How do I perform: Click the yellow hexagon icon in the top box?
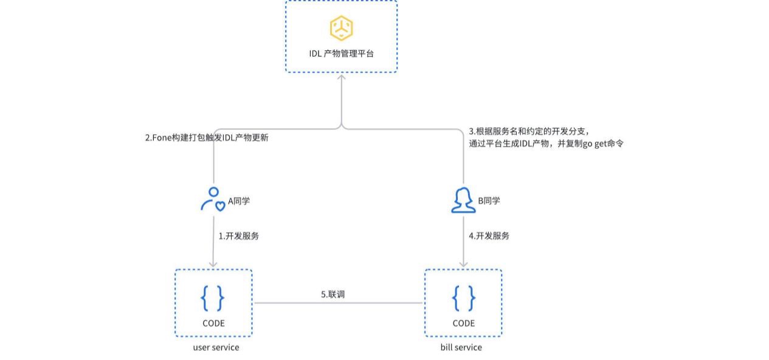pos(341,28)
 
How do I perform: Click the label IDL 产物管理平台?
pos(341,54)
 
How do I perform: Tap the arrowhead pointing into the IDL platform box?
pos(342,77)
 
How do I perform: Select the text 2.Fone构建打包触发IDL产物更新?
pos(207,137)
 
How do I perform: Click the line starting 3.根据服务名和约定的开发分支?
pos(529,131)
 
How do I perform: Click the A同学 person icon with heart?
pos(212,199)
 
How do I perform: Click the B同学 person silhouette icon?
pos(463,200)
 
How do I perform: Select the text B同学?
pos(489,201)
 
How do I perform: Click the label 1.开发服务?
pos(239,236)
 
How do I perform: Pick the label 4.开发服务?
pos(489,236)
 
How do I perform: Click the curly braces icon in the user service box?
pos(213,298)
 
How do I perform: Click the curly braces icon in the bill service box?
pos(463,298)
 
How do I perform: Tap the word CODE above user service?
pos(213,323)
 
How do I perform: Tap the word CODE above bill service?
pos(463,323)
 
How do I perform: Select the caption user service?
pos(216,347)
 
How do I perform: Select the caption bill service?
pos(461,347)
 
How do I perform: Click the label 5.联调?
pos(333,294)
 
